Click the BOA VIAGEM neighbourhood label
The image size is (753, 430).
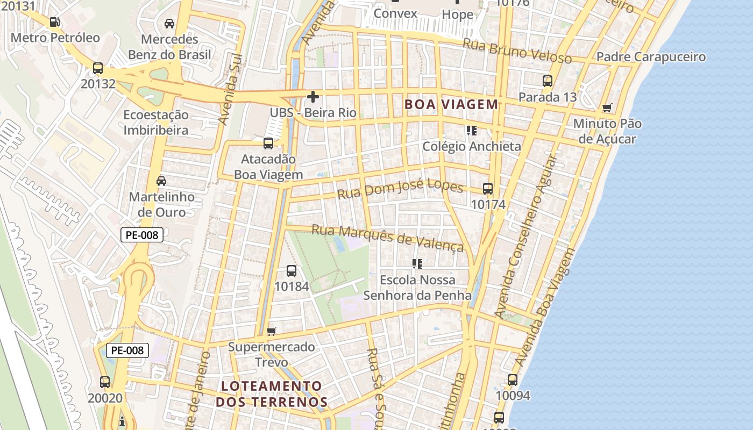tap(451, 104)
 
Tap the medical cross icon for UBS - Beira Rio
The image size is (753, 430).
tap(312, 97)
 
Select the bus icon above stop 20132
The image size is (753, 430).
tap(98, 68)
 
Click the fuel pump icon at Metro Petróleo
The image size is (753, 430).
tap(54, 22)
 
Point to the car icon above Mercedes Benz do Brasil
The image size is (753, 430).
tap(169, 24)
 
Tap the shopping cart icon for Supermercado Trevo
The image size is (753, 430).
tap(272, 331)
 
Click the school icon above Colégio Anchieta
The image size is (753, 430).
tap(472, 130)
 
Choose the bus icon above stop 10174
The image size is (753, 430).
tap(488, 189)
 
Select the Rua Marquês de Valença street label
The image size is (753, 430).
tap(388, 238)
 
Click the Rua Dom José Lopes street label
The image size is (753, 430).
tap(400, 189)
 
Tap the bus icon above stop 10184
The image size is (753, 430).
tap(292, 271)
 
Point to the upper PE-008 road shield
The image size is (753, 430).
tap(141, 235)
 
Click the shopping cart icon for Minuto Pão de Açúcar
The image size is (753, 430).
tap(607, 108)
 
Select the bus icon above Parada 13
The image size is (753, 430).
tap(548, 81)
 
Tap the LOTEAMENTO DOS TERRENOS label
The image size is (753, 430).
tap(272, 394)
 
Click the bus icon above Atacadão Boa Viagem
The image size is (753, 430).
tap(268, 144)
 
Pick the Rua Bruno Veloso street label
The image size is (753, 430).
tap(517, 52)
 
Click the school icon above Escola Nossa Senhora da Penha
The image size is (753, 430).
tap(417, 264)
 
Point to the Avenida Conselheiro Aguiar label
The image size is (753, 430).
tap(524, 236)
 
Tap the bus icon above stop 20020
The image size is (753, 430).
tap(105, 382)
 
